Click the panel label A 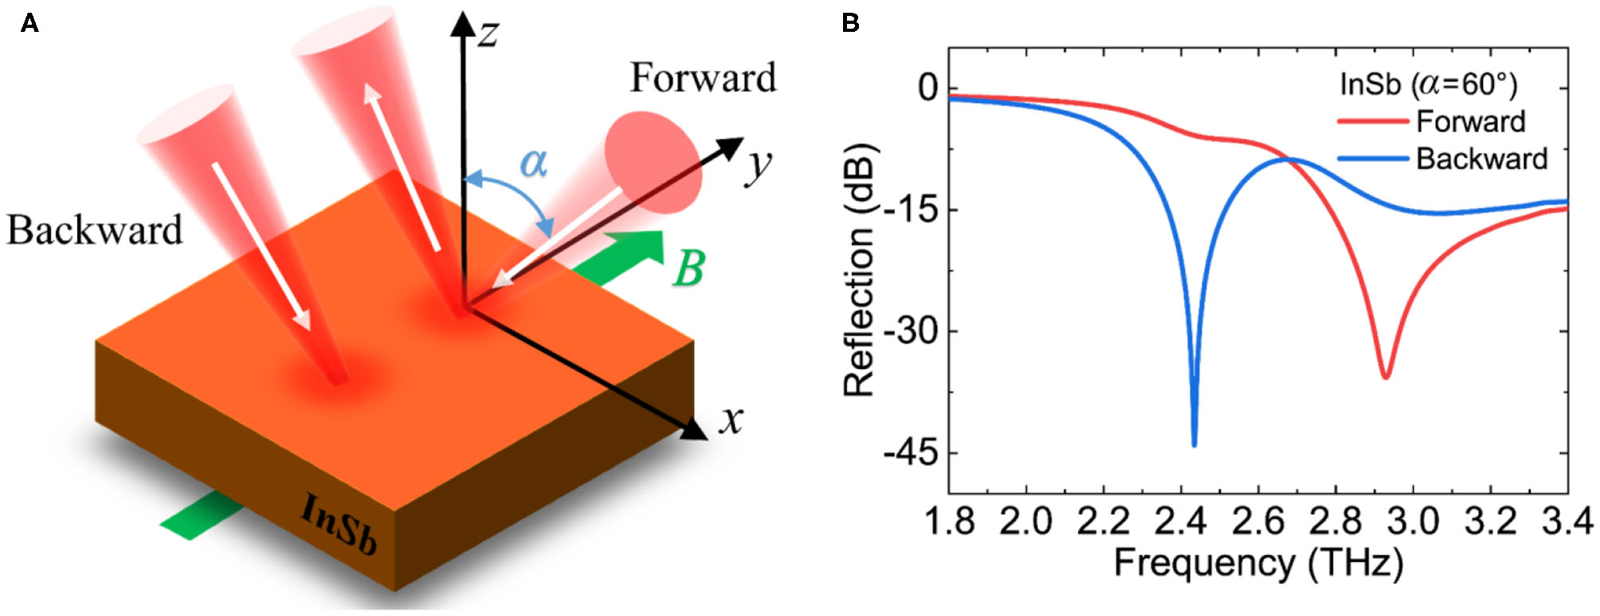29,23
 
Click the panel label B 850,23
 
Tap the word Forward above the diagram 703,78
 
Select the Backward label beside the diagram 95,230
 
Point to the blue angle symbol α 533,163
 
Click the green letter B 688,269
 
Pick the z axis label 488,33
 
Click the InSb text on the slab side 338,523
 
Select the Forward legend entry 1470,121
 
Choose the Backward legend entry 1481,159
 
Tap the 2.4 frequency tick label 1180,522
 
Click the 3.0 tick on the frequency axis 1413,522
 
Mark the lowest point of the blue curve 1194,445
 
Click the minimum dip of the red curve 1386,376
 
